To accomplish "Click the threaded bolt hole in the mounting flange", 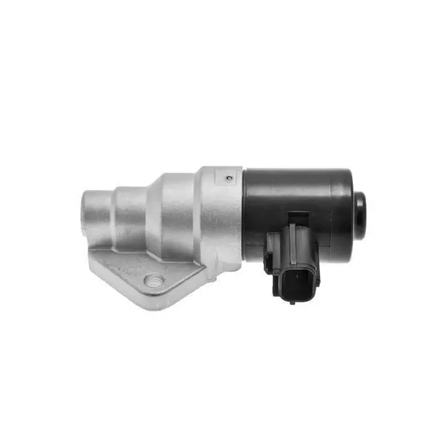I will (155, 281).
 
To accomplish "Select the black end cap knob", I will (360, 213).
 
